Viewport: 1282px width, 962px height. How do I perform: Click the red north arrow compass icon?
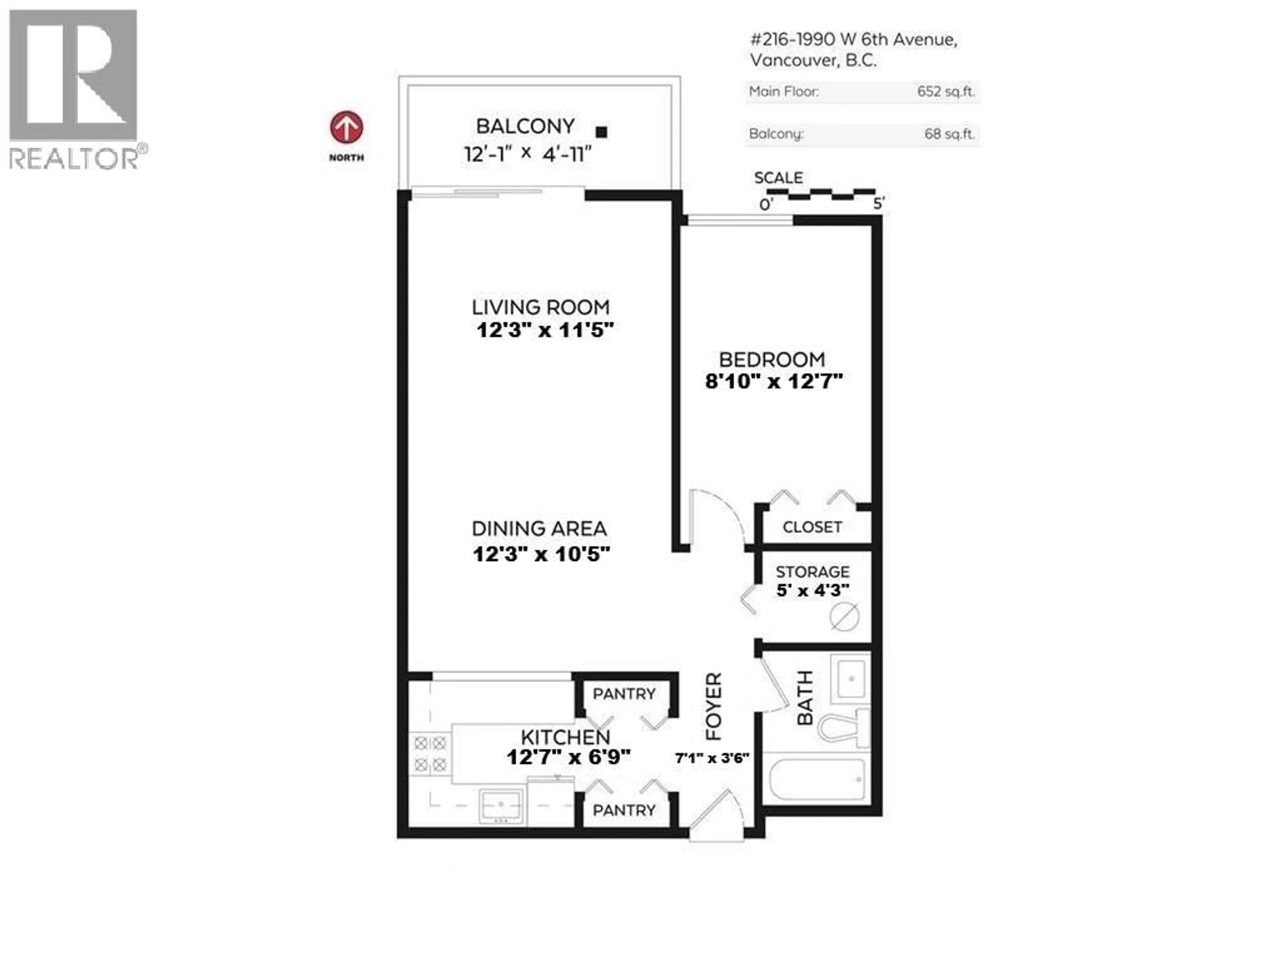(x=347, y=128)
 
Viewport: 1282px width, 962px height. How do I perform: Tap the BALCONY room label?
(x=525, y=126)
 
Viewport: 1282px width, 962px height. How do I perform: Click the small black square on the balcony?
(x=602, y=132)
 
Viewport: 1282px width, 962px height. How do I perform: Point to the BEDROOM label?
(x=772, y=359)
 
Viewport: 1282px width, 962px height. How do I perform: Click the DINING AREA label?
(x=539, y=528)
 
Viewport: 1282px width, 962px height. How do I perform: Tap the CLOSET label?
(x=812, y=527)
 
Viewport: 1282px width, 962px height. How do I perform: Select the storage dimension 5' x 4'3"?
(x=813, y=590)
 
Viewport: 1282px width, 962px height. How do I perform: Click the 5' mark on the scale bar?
(x=879, y=203)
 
